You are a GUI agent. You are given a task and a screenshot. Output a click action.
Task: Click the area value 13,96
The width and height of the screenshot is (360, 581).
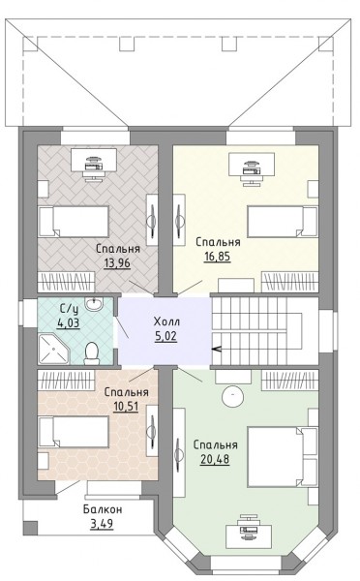click(117, 263)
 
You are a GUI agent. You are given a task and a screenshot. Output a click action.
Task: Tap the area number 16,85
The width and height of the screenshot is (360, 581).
click(218, 257)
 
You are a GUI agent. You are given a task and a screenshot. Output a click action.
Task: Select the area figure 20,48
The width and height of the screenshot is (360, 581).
click(215, 459)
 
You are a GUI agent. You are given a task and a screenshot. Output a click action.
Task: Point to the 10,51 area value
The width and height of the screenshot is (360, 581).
click(126, 407)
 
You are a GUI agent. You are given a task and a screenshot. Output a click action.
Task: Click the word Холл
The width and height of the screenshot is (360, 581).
click(166, 321)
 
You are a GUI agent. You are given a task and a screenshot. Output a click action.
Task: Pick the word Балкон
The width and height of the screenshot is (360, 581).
click(103, 509)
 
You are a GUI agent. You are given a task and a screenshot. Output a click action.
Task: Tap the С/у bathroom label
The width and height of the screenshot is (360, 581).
click(68, 308)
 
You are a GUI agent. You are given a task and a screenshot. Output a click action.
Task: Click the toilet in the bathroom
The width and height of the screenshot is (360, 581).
click(92, 353)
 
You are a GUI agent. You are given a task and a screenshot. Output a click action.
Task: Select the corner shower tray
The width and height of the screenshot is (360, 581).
click(53, 350)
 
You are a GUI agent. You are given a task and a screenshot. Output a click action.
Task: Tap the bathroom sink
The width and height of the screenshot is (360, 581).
click(93, 304)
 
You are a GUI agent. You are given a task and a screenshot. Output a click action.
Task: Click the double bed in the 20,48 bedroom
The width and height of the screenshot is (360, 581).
click(283, 456)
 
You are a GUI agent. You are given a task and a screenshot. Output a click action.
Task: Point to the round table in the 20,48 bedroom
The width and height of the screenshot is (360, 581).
click(233, 396)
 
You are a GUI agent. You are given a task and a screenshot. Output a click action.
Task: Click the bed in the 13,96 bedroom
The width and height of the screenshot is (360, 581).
click(74, 222)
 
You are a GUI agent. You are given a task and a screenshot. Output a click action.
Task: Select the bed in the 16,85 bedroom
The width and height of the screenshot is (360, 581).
click(283, 221)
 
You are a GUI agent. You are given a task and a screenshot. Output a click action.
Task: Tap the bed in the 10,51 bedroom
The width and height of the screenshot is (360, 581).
click(74, 431)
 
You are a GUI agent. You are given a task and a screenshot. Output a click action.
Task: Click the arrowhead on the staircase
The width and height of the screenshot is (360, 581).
click(216, 349)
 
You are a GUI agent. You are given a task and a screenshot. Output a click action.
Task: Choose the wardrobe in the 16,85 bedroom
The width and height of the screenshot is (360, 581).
click(290, 282)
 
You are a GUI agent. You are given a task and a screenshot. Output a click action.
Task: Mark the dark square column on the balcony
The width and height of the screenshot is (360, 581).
click(30, 528)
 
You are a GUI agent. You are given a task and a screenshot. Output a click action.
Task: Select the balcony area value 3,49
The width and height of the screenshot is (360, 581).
click(102, 524)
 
